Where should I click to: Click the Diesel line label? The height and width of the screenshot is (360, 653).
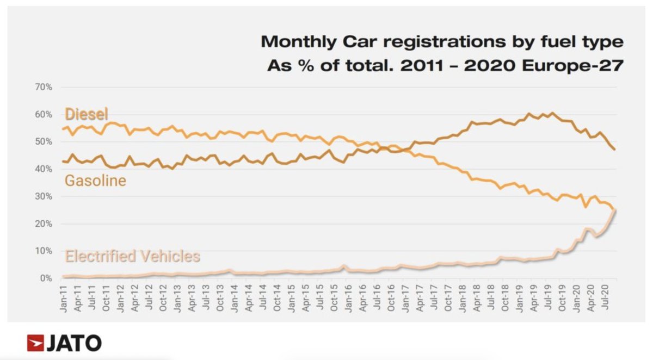coord(87,114)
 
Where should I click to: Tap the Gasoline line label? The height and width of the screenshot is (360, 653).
coord(95,181)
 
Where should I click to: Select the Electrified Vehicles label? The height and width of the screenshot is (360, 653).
coord(132,256)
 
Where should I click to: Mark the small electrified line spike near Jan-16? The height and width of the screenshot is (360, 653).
coord(344,266)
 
